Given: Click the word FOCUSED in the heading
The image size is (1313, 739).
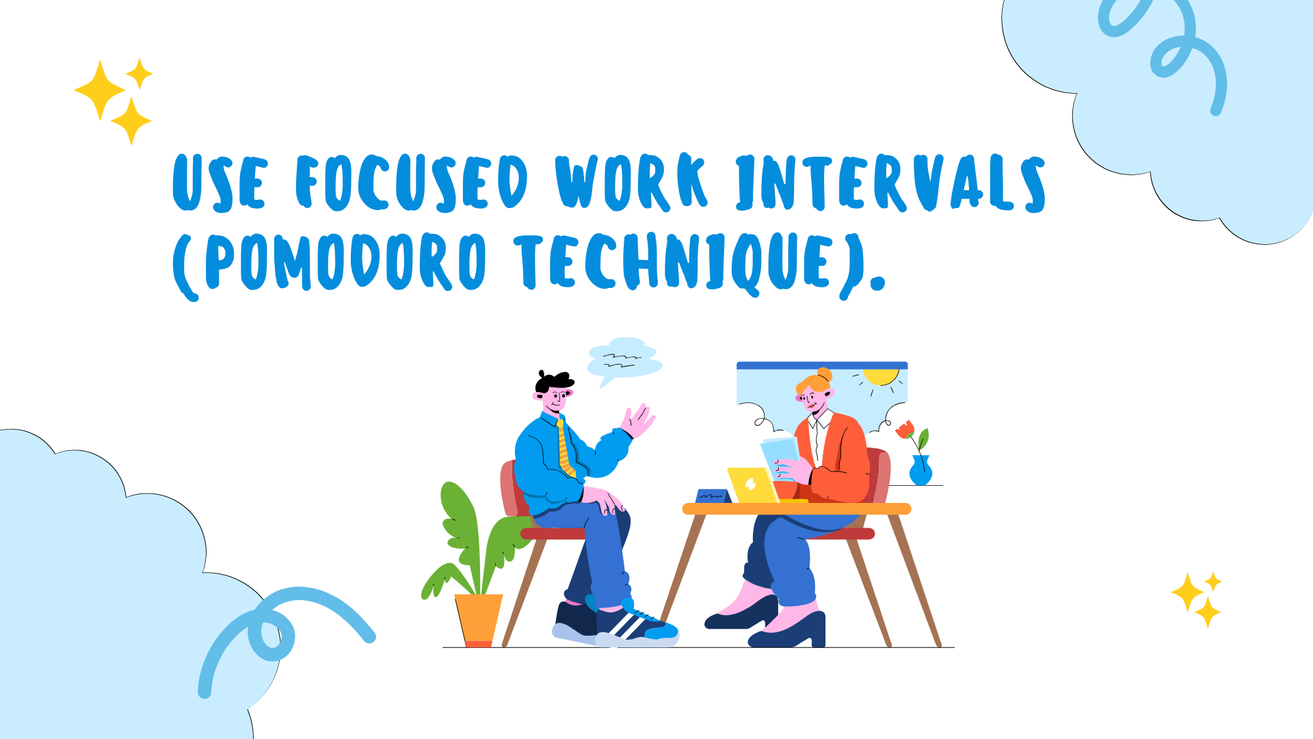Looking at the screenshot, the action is tap(412, 181).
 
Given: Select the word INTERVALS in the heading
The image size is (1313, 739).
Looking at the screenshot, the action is tap(890, 183).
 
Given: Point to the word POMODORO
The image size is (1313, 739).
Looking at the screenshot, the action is tap(346, 261).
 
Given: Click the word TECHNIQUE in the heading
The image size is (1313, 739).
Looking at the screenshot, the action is tap(674, 263).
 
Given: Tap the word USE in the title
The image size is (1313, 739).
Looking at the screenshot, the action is tap(219, 182).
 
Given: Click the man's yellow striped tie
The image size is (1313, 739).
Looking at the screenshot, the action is tap(565, 448).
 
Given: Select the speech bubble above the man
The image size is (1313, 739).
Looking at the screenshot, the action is tap(624, 361).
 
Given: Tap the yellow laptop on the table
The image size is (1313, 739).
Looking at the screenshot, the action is tap(753, 485).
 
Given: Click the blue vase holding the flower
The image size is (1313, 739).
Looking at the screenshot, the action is tap(920, 471).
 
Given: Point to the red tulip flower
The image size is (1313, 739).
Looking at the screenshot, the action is tap(905, 430).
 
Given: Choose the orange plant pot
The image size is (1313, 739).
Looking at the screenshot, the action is tap(479, 620).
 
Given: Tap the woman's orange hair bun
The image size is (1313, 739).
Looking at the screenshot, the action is tap(824, 375).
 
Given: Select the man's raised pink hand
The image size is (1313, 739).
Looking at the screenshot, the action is tap(638, 420).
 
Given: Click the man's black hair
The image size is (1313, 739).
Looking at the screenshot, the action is tap(553, 381).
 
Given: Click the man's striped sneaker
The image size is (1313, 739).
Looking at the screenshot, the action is tap(636, 625).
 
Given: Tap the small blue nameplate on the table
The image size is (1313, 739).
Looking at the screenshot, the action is tap(713, 496).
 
